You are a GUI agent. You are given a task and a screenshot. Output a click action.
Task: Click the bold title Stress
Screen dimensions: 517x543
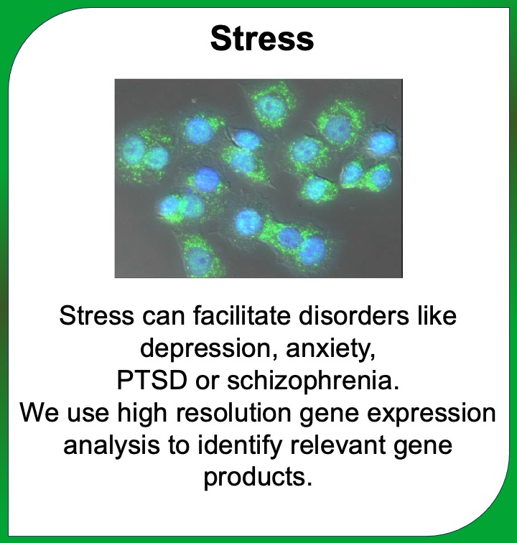[262, 39]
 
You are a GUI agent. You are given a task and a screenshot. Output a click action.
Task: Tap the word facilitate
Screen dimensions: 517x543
[241, 315]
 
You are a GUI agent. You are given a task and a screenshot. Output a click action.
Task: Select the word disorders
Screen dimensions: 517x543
[353, 315]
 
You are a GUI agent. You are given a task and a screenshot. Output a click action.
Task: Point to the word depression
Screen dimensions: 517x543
[205, 349]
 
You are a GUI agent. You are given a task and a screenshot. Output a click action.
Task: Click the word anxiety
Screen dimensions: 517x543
[331, 349]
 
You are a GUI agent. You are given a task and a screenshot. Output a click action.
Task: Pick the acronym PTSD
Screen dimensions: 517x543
[152, 380]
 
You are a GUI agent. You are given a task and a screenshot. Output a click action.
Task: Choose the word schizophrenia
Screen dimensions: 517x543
[313, 381]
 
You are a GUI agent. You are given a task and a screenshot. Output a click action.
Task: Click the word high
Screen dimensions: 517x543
[142, 414]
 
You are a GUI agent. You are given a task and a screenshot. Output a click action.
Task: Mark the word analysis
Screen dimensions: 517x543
[111, 446]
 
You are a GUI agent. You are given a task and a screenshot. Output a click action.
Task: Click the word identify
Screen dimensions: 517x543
[240, 446]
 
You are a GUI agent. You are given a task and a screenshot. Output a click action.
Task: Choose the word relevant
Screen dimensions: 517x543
[337, 445]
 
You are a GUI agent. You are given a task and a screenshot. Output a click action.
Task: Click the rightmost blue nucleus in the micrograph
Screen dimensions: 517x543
[382, 143]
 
